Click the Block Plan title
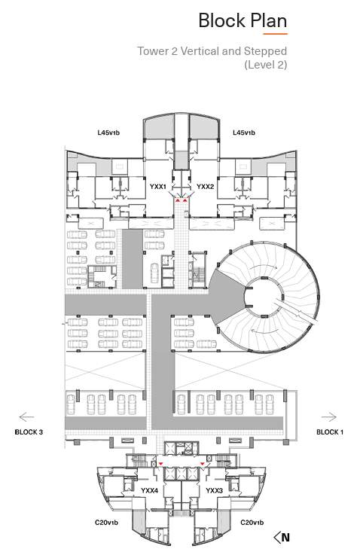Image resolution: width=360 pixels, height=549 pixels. [x=243, y=21]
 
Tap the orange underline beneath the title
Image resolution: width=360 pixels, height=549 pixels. [x=275, y=35]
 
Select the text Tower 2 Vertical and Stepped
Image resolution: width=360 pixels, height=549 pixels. [x=212, y=51]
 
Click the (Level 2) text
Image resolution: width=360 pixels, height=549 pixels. [x=265, y=65]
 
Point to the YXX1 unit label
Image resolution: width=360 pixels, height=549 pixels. [x=158, y=186]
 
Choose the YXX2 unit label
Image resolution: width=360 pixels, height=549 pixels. [x=205, y=186]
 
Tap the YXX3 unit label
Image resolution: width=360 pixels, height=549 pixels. [x=214, y=490]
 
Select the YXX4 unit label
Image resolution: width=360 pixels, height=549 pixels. [x=150, y=490]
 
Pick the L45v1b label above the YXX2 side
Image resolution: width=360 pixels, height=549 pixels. [x=244, y=133]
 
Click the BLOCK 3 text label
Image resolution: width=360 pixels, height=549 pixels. [x=29, y=432]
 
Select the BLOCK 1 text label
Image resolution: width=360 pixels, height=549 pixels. [x=329, y=432]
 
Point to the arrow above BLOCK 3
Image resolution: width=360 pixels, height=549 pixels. [x=27, y=416]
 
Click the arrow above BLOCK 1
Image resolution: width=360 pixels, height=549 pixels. [x=329, y=416]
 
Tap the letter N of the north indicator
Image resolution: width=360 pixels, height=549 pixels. [x=285, y=538]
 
